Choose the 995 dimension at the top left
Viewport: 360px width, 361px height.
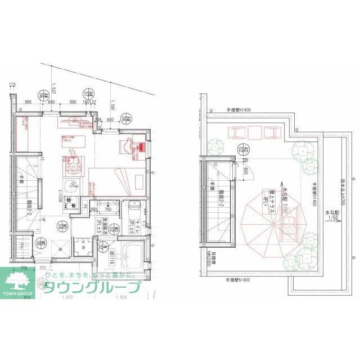(28, 102)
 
